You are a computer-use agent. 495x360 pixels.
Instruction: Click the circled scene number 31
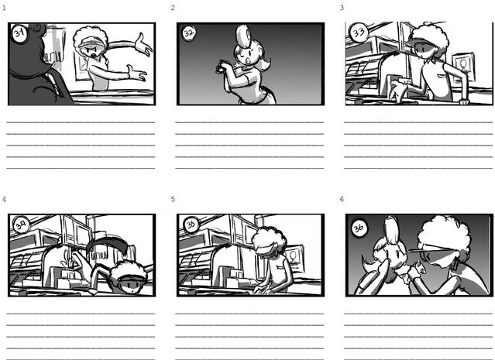(20, 33)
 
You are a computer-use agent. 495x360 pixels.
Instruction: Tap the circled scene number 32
(189, 33)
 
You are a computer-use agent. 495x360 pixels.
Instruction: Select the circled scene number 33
(359, 32)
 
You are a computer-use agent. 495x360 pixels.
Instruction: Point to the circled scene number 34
(21, 225)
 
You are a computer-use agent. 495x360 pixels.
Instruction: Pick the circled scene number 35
(191, 225)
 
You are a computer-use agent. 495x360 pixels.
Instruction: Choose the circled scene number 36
(359, 228)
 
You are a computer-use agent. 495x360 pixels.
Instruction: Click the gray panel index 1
(4, 8)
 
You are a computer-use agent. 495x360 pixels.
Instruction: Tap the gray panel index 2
(173, 8)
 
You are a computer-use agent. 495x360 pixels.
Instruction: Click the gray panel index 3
(342, 8)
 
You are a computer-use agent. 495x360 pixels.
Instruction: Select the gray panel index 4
(4, 200)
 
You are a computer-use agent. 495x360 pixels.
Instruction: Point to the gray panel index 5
(173, 200)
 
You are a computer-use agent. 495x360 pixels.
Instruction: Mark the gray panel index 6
(342, 200)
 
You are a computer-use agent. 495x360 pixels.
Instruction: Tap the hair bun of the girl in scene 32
(244, 36)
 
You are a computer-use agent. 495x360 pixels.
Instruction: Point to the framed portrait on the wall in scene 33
(462, 67)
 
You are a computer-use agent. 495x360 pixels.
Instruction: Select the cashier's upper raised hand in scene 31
(143, 45)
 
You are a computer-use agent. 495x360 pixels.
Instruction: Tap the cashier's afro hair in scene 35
(269, 240)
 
